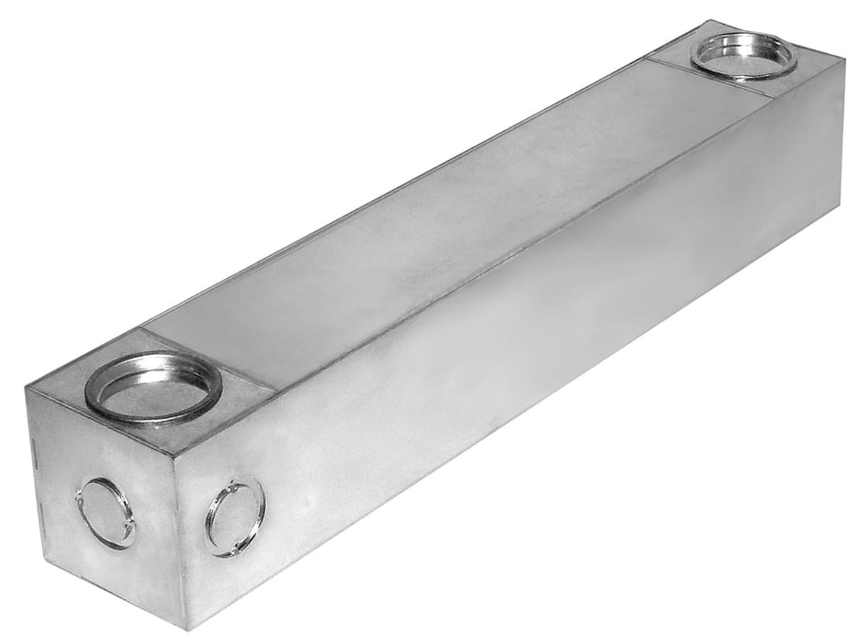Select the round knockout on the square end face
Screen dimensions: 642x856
[105, 513]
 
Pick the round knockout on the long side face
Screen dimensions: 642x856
[235, 518]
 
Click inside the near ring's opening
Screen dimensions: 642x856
[153, 391]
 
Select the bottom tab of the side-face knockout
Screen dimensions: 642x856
[230, 551]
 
